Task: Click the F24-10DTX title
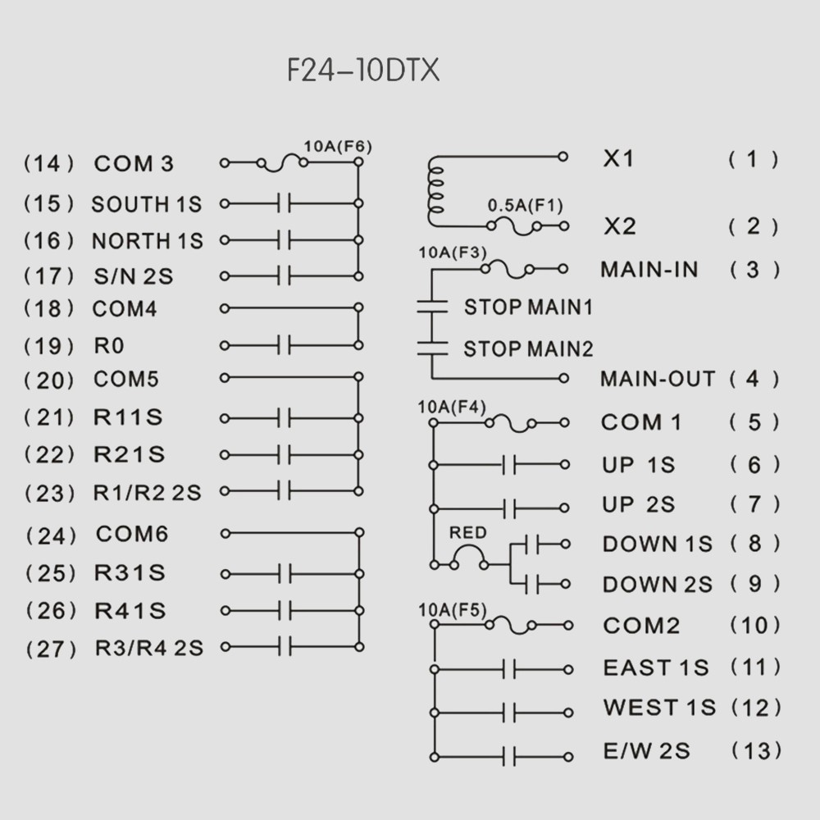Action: click(363, 71)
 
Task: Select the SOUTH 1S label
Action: click(147, 204)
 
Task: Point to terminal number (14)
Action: click(49, 163)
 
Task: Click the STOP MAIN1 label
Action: click(528, 307)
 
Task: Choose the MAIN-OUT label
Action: click(658, 380)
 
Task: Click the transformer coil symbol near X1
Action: click(435, 189)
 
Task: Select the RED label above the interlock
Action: click(468, 533)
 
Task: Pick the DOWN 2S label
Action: click(658, 585)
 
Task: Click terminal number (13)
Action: click(755, 750)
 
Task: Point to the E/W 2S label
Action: click(646, 750)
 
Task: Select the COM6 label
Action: click(132, 535)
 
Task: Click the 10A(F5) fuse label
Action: click(453, 610)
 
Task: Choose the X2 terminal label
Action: click(620, 226)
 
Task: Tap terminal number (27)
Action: click(51, 649)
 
